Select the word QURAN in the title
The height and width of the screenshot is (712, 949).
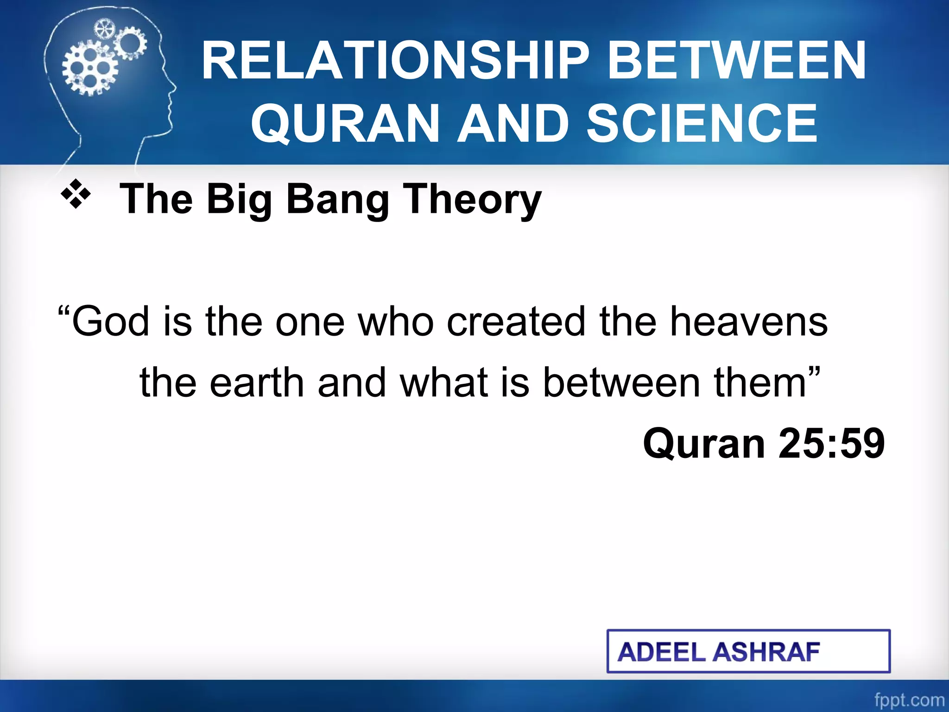coord(345,123)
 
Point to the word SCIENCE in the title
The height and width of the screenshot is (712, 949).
coord(702,123)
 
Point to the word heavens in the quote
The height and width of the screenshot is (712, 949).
coord(748,321)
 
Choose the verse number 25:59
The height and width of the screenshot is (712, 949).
coord(832,444)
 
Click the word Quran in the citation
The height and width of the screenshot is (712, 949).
coord(703,444)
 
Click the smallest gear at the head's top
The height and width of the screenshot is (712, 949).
coord(104,30)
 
